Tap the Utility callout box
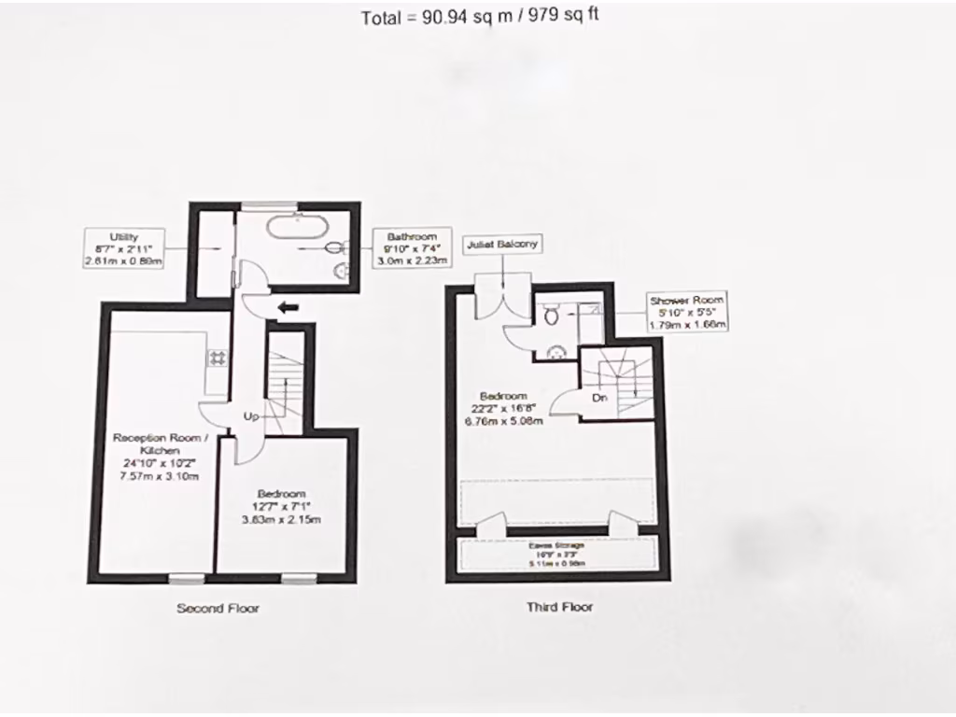coord(124,249)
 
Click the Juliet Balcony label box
coord(502,244)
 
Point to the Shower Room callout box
coord(688,312)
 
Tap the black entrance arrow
coord(288,306)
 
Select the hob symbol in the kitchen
coord(218,358)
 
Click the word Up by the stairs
coord(251,416)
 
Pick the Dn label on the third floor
coord(601,398)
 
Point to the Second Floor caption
coord(218,609)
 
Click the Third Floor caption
coord(559,607)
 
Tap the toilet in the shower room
coord(550,316)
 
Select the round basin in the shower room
coord(557,351)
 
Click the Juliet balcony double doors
coord(501,297)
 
